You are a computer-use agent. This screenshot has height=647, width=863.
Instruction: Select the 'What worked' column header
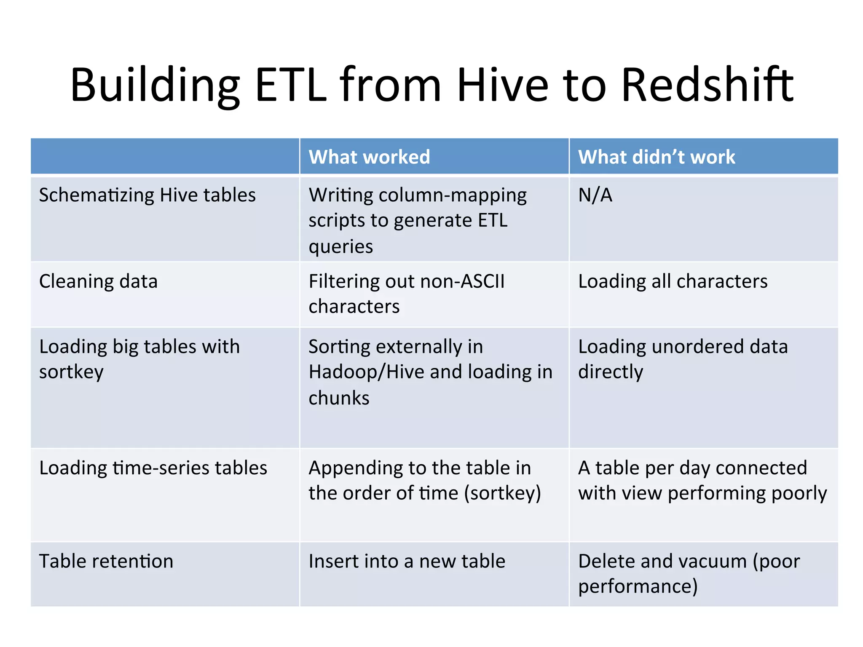pyautogui.click(x=369, y=157)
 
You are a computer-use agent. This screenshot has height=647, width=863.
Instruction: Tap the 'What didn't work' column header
pyautogui.click(x=656, y=157)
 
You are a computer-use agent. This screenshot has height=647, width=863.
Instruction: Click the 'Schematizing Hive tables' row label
pyautogui.click(x=147, y=195)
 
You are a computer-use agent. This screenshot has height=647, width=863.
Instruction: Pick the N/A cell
pyautogui.click(x=595, y=195)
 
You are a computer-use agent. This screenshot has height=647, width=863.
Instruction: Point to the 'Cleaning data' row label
pyautogui.click(x=98, y=281)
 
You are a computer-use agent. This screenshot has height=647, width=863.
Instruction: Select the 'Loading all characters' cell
pyautogui.click(x=673, y=281)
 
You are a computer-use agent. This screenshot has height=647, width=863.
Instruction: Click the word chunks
pyautogui.click(x=339, y=398)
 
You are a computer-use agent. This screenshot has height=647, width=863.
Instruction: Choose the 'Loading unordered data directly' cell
pyautogui.click(x=683, y=359)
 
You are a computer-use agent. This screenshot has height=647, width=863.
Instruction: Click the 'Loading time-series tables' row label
pyautogui.click(x=153, y=468)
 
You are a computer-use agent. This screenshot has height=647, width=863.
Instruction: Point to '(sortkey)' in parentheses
pyautogui.click(x=502, y=493)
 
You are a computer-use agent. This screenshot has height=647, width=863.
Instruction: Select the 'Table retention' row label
pyautogui.click(x=106, y=561)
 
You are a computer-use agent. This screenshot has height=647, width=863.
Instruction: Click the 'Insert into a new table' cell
pyautogui.click(x=407, y=561)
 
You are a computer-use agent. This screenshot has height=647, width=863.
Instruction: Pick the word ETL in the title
pyautogui.click(x=291, y=85)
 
